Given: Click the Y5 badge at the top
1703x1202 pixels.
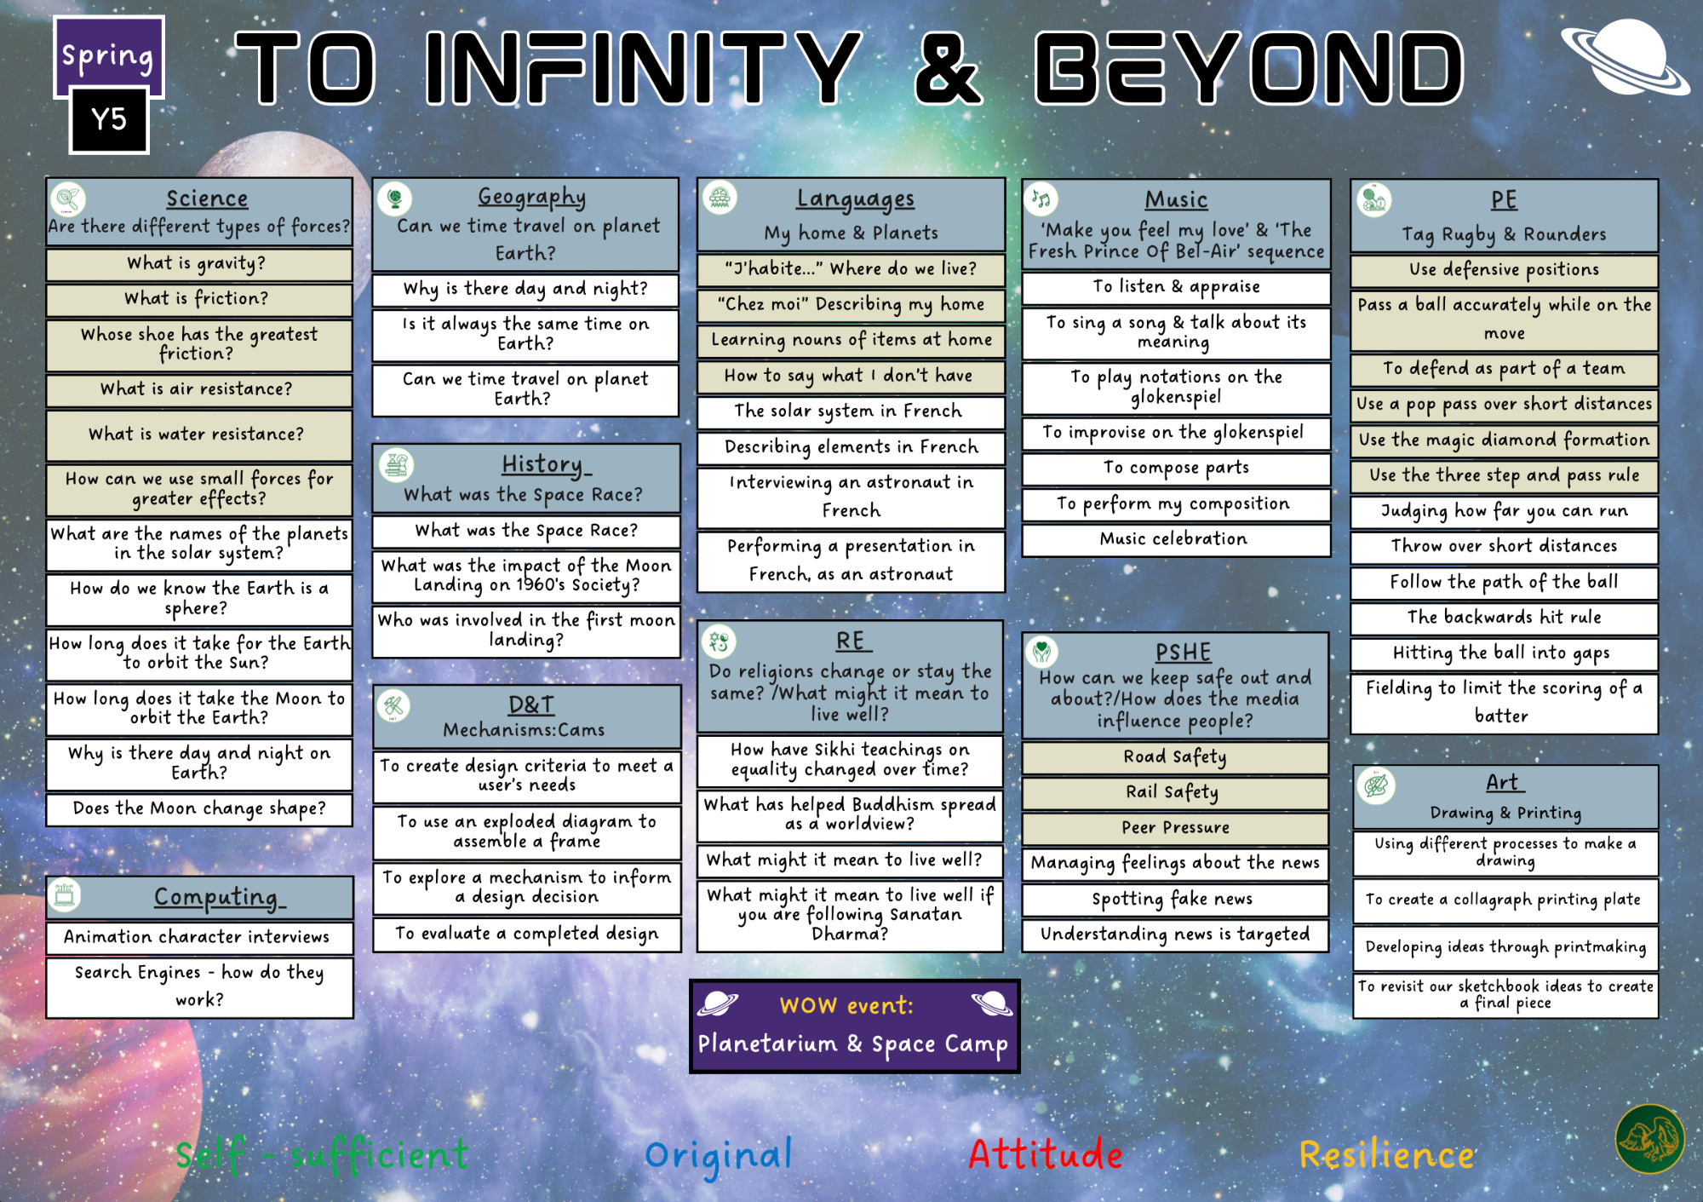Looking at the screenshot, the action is coord(109,119).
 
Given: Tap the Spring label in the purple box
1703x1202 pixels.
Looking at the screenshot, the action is coord(108,56).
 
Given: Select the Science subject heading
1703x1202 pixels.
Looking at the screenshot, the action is coord(207,198).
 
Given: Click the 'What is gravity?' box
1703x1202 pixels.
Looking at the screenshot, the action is coord(199,264).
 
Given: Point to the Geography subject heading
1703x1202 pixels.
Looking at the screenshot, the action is coord(532,198).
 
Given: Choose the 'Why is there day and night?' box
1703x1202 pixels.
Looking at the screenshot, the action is coord(525,290).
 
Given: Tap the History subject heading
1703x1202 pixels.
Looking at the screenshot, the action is coord(545,464).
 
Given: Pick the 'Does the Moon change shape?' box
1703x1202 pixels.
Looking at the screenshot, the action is coord(199,809).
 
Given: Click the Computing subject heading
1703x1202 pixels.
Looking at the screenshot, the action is coord(219,897).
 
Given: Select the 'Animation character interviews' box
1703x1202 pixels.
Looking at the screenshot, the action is coord(199,937).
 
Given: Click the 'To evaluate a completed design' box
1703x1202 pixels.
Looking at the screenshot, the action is coord(527,935).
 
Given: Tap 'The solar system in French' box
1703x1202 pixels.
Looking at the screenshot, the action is coord(851,412).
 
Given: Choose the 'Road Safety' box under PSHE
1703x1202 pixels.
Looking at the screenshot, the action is coord(1175,757).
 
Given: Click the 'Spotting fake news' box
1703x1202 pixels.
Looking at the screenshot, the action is coord(1175,900).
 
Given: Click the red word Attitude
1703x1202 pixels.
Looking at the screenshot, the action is coord(1046,1155).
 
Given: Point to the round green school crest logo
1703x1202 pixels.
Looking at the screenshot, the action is coord(1650,1139).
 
